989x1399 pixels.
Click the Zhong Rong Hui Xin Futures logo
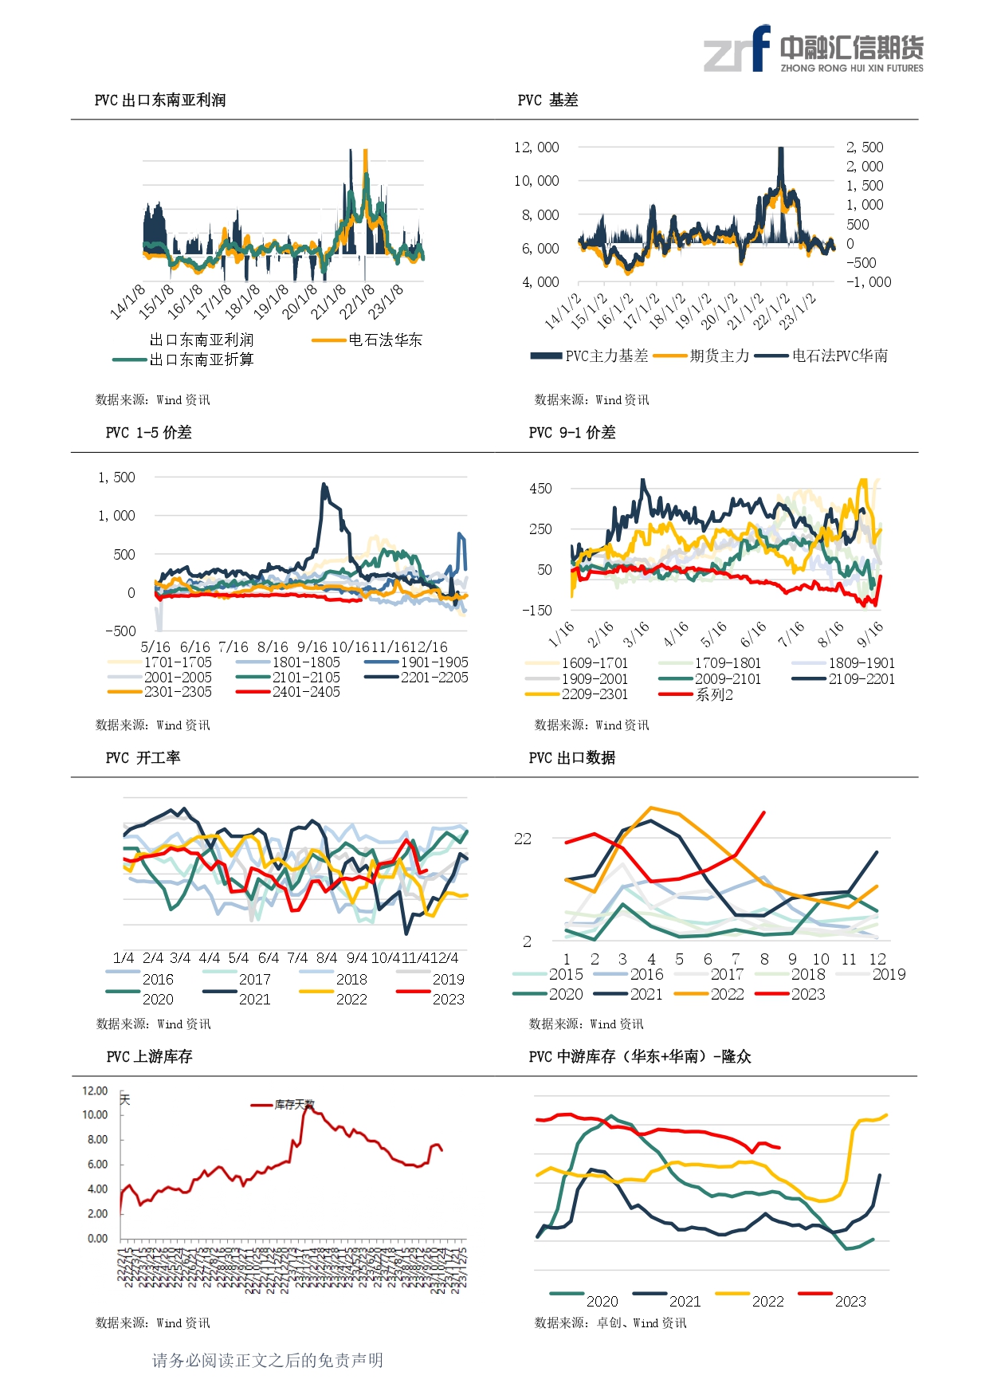click(x=814, y=50)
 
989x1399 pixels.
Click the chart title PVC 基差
click(x=547, y=100)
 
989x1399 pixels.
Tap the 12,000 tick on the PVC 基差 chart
click(x=536, y=147)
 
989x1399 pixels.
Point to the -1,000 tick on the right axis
click(x=869, y=282)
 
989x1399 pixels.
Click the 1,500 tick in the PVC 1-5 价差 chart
click(x=116, y=477)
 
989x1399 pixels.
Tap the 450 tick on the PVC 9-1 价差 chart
click(x=540, y=489)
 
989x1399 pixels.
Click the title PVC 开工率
click(x=143, y=758)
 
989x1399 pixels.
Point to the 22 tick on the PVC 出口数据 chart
click(x=523, y=839)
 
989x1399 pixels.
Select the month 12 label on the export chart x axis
click(x=877, y=959)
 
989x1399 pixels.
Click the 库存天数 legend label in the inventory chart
click(x=294, y=1105)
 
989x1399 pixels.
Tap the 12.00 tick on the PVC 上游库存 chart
click(x=95, y=1091)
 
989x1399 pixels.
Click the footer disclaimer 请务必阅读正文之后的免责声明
click(x=268, y=1360)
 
